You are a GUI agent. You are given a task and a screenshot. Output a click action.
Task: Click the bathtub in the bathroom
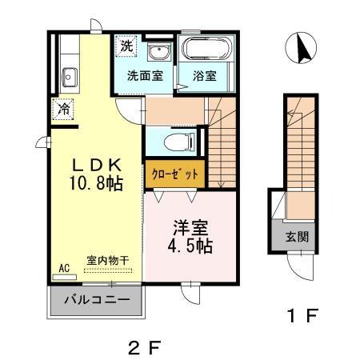206,50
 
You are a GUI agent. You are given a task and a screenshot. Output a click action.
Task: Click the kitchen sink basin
67,78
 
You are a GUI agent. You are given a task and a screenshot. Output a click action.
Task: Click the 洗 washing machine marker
126,47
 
